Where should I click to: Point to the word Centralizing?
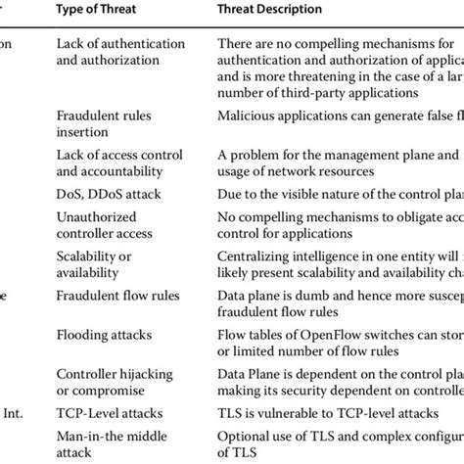[255, 255]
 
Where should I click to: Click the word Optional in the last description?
[243, 436]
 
